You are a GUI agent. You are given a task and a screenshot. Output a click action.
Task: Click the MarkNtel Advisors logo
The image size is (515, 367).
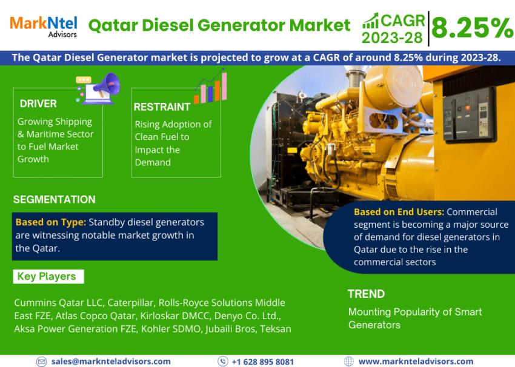point(44,25)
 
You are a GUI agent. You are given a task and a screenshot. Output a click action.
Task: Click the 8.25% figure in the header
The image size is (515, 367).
point(472,28)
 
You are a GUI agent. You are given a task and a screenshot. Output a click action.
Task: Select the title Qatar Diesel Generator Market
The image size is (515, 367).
point(219,25)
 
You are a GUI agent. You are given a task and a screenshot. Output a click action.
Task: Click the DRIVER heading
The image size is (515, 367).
point(38,104)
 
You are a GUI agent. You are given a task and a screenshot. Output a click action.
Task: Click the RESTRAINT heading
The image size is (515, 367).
point(162,107)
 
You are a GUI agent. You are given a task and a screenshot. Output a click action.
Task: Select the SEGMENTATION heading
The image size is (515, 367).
point(54,199)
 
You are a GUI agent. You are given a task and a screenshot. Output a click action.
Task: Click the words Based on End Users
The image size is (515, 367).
point(399,212)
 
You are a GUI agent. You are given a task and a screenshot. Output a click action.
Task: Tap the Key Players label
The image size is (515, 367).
point(47,277)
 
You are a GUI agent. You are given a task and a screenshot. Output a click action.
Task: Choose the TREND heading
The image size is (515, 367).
point(366,294)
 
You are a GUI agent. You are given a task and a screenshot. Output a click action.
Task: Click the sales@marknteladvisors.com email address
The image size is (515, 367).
point(111,361)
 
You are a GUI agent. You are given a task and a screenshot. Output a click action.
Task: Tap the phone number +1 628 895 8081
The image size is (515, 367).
point(263,361)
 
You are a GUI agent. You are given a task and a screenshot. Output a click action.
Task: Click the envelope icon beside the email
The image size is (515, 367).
point(41,361)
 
